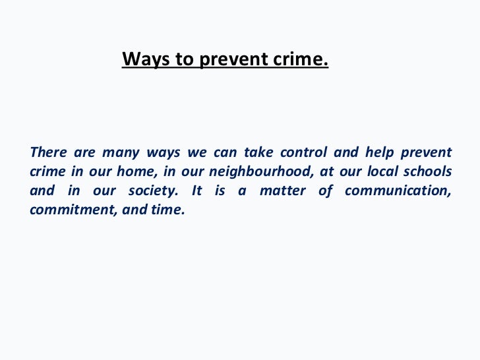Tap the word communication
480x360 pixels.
point(398,191)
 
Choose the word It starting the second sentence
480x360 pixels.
point(196,191)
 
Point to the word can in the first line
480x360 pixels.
point(225,153)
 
